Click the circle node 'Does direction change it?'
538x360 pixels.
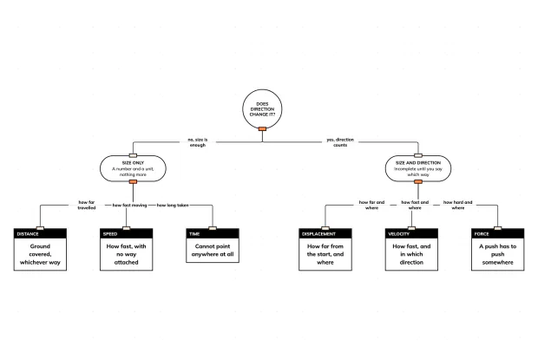[x=262, y=109]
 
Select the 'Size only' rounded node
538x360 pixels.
[x=133, y=168]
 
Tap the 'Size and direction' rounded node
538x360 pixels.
[x=418, y=168]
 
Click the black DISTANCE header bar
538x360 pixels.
[x=40, y=234]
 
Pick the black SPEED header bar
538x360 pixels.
[x=127, y=234]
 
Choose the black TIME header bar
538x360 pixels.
[x=213, y=234]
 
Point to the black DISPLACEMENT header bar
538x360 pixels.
[x=325, y=234]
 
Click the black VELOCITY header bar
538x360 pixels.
[x=411, y=234]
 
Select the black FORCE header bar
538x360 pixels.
[x=497, y=234]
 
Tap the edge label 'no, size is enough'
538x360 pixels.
[x=198, y=142]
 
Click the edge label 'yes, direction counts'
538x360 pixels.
[x=340, y=142]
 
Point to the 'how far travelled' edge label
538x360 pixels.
[x=87, y=205]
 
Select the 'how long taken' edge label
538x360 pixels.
[x=173, y=205]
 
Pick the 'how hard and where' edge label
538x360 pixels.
[x=457, y=205]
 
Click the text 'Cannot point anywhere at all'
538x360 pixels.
[x=213, y=251]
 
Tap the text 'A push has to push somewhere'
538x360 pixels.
[x=497, y=254]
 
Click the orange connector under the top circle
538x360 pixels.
[x=262, y=129]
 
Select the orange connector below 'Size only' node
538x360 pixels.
[x=133, y=181]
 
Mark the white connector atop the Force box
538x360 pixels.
[x=497, y=228]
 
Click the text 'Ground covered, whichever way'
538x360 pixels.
[x=40, y=254]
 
